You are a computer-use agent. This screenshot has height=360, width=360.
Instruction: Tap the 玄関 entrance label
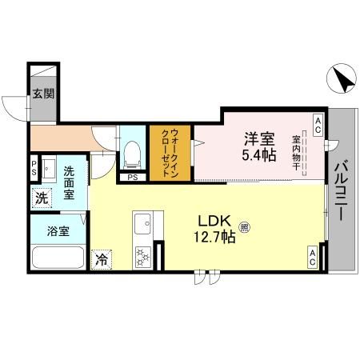[44, 94]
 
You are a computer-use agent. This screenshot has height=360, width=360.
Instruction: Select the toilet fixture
[134, 152]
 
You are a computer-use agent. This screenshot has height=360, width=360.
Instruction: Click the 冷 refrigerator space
[102, 259]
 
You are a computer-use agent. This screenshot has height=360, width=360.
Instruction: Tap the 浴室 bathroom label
[58, 233]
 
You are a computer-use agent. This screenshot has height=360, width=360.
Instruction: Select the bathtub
[57, 259]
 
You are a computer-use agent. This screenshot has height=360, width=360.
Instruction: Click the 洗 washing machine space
[40, 198]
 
